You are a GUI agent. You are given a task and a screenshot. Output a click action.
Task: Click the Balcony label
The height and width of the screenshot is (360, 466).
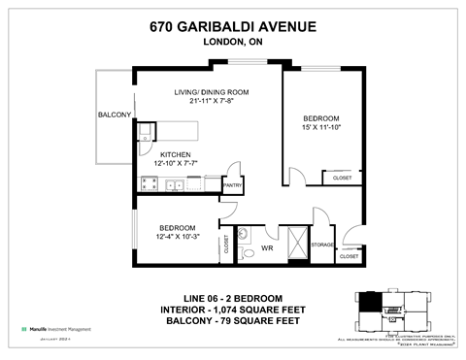click(x=114, y=115)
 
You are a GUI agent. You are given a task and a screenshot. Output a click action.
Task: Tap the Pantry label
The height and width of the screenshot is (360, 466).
click(x=233, y=183)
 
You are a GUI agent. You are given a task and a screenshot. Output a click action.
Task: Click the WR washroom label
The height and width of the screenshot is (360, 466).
click(x=267, y=248)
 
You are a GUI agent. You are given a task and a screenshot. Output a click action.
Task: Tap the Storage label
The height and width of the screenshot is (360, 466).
click(x=322, y=245)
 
